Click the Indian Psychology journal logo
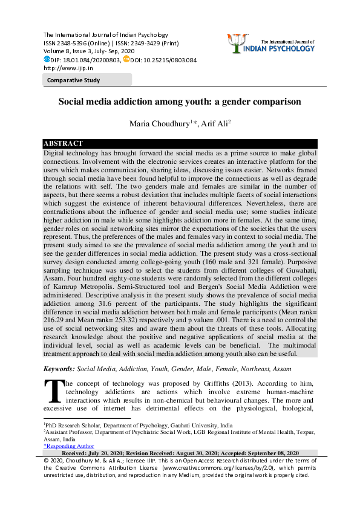point(270,42)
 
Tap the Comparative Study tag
point(74,80)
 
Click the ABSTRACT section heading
point(64,143)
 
